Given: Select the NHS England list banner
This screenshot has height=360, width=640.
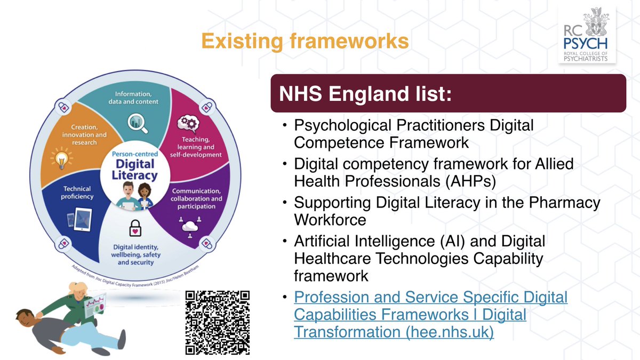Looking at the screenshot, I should coord(448,93).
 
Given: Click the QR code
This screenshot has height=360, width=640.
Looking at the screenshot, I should coord(218,323).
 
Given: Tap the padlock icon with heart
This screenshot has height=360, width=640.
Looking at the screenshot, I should coord(134,229).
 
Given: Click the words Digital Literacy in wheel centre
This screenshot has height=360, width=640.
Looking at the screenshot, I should coord(135,169).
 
